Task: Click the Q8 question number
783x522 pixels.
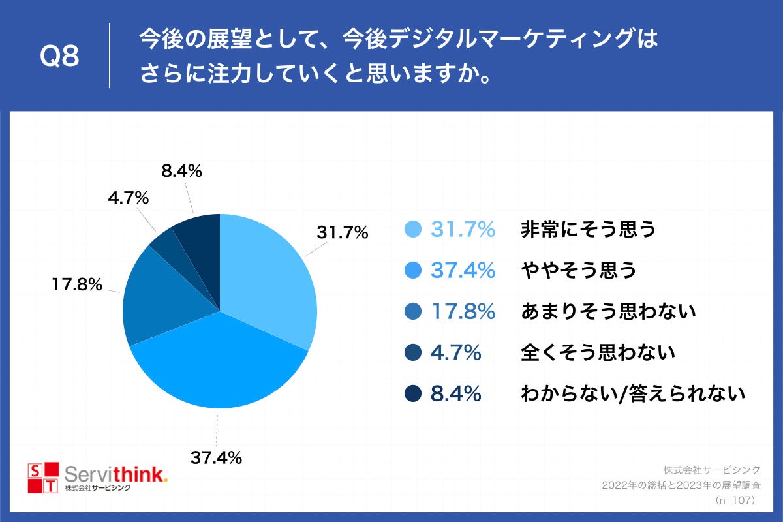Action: coord(59,57)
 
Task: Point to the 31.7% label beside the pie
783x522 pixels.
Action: coord(343,232)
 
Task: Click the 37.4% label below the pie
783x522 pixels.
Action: coord(216,457)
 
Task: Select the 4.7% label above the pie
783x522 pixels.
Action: coord(129,198)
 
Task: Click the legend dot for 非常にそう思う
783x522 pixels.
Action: coord(414,230)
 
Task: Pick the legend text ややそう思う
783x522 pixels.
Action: coord(578,270)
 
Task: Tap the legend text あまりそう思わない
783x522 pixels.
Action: coord(608,312)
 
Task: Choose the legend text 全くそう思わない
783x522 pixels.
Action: coord(597,353)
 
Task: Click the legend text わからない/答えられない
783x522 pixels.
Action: coord(632,394)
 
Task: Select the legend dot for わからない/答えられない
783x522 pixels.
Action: coord(414,394)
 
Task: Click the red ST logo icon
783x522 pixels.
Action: coord(43,478)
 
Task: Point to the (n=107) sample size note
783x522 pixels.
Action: coord(735,500)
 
